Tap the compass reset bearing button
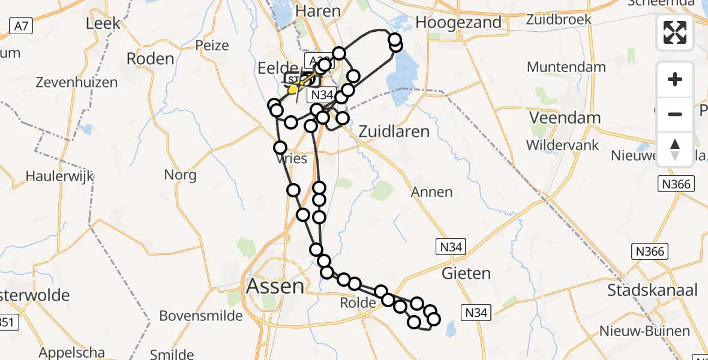click(x=675, y=149)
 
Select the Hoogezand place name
click(x=458, y=22)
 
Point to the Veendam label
click(x=565, y=118)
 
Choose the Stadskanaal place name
click(x=653, y=291)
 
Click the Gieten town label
click(x=466, y=274)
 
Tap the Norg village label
click(x=180, y=175)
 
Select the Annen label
click(x=432, y=192)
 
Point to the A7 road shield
click(x=20, y=25)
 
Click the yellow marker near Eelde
click(x=293, y=90)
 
